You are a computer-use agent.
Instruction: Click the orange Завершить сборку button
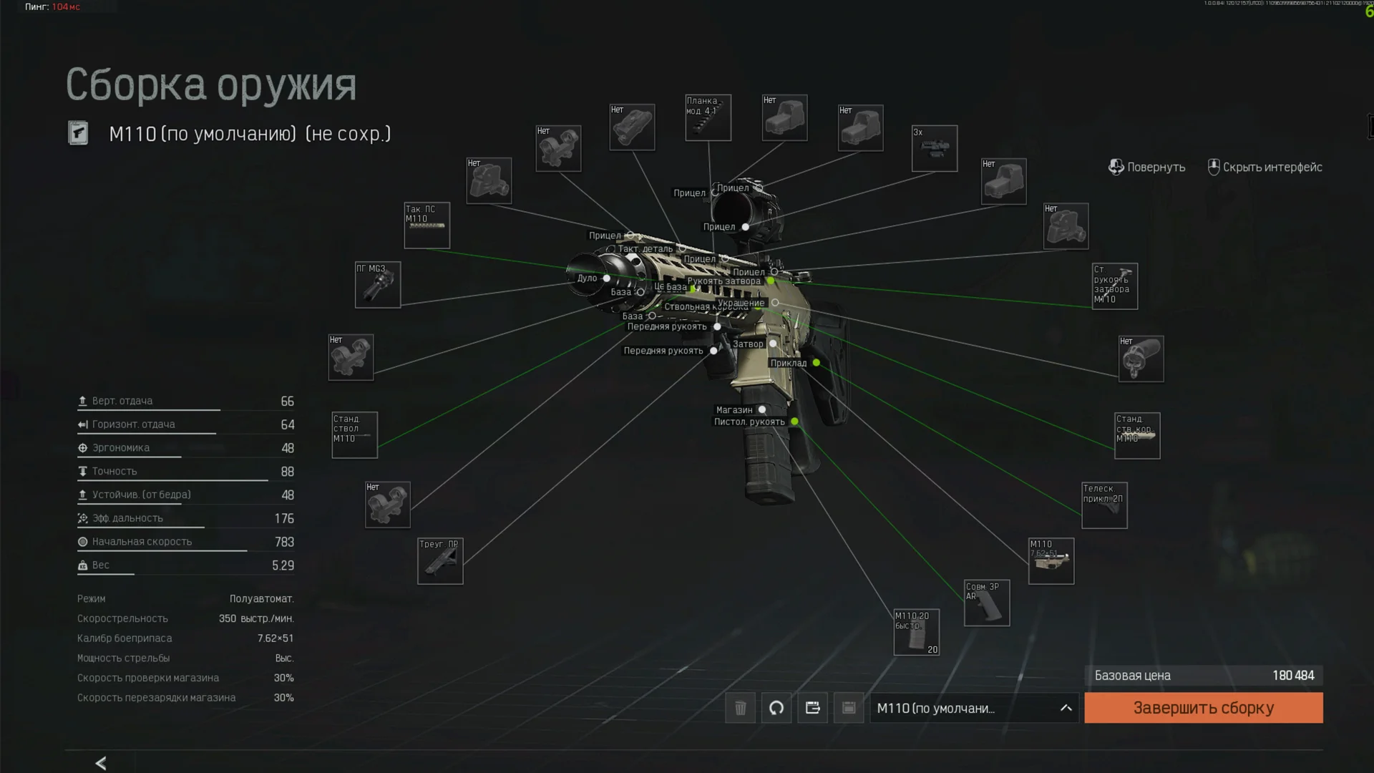tap(1203, 708)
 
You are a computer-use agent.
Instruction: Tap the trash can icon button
tap(740, 708)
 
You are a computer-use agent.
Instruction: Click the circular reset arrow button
tap(776, 708)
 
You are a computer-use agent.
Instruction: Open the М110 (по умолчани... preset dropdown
tap(973, 708)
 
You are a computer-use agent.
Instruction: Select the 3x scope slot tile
tap(934, 149)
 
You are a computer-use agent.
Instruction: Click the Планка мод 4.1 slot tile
tap(708, 118)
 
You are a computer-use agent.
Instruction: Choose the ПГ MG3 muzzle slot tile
tap(378, 285)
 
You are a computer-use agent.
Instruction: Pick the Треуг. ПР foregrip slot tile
tap(440, 561)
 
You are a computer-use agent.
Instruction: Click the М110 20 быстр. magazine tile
tap(916, 632)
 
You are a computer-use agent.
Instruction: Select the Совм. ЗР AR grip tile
tap(987, 603)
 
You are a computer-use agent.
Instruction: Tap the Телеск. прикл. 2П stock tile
tap(1104, 505)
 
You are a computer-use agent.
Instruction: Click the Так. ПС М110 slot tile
tap(427, 225)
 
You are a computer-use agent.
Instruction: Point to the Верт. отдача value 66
tap(287, 402)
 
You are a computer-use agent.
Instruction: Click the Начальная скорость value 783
tap(284, 543)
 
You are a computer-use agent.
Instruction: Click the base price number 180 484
tap(1292, 676)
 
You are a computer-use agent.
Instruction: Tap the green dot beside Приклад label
tap(816, 363)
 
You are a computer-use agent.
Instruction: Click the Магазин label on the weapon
tap(734, 410)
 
